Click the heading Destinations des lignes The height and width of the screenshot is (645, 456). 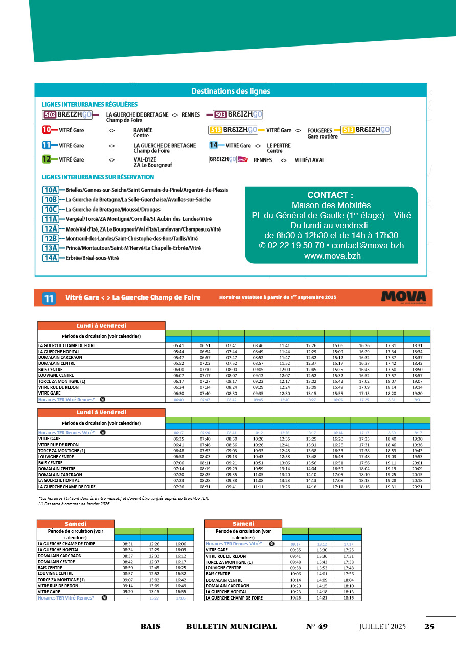click(231, 91)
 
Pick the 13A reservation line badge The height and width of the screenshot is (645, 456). click(51, 248)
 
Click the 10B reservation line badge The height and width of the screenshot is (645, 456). click(51, 199)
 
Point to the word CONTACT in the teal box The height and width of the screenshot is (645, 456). click(330, 195)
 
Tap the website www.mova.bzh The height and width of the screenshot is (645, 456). click(332, 256)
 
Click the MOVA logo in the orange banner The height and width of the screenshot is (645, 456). click(403, 297)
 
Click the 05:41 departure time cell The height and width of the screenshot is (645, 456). click(178, 345)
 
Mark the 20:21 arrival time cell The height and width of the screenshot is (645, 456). click(417, 487)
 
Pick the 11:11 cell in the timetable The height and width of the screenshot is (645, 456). click(258, 487)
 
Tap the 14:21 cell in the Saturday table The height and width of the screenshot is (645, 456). click(322, 597)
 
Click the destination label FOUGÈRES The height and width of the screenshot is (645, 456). click(320, 130)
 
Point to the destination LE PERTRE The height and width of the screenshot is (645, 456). click(279, 145)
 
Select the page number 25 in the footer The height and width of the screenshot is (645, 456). click(429, 627)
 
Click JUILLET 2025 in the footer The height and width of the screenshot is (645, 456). click(382, 627)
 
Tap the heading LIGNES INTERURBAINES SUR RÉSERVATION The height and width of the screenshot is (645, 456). click(98, 177)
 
